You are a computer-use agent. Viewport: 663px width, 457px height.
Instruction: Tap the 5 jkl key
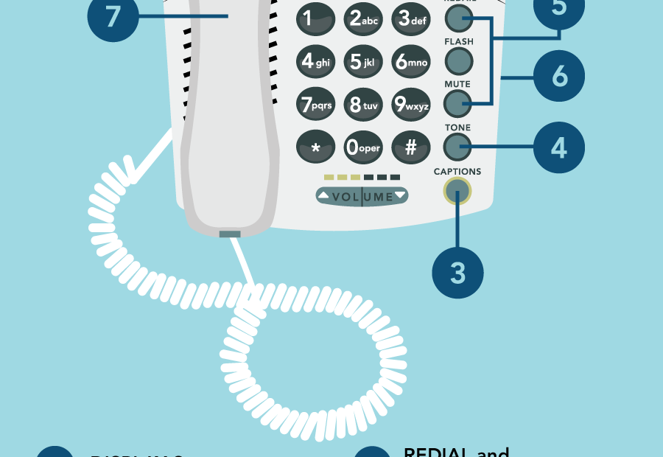pos(363,63)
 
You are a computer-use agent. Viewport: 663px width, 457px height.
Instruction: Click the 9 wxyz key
pos(411,105)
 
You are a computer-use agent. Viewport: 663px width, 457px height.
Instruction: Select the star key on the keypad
pos(315,147)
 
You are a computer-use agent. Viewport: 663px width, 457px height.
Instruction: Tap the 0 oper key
pos(363,147)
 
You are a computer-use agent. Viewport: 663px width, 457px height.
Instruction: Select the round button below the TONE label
pos(457,147)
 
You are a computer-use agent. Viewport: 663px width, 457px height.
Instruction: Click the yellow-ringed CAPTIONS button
pos(457,193)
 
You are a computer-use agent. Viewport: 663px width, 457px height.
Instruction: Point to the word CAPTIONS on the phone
pos(457,172)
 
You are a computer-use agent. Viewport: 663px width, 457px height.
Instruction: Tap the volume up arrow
pos(324,196)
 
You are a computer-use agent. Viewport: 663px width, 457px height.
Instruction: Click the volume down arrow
pos(400,195)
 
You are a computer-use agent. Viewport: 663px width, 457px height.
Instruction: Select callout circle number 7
pos(113,16)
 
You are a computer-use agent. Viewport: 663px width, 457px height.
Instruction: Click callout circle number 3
pos(457,273)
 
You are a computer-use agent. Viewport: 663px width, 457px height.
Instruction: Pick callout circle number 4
pos(558,147)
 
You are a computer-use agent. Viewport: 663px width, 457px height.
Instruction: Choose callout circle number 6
pos(558,76)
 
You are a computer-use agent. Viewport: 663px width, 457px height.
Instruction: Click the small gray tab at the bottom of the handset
pos(230,234)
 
